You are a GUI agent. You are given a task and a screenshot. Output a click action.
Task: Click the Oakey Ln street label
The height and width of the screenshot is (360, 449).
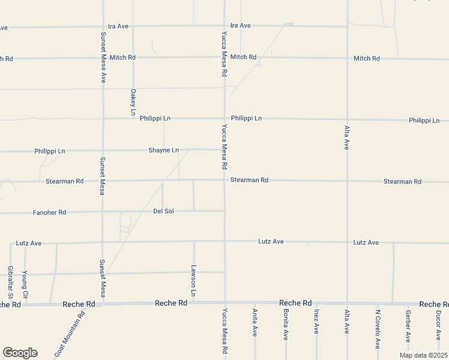click(x=133, y=102)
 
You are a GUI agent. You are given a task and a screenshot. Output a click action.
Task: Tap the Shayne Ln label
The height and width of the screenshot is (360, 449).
click(x=164, y=150)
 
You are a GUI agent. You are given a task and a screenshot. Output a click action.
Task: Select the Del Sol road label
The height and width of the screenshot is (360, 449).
click(x=163, y=211)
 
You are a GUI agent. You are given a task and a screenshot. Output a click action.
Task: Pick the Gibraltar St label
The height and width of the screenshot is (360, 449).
click(x=10, y=283)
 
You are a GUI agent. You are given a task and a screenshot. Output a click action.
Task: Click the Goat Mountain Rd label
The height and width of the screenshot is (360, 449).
click(x=70, y=335)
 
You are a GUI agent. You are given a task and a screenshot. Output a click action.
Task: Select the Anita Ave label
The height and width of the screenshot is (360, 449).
click(x=255, y=322)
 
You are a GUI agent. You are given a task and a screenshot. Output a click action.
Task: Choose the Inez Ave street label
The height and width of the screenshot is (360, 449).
click(x=316, y=321)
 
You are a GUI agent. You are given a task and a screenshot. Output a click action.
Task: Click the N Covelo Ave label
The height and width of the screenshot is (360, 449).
click(x=378, y=329)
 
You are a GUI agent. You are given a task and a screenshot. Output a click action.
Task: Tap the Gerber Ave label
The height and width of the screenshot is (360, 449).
click(x=408, y=326)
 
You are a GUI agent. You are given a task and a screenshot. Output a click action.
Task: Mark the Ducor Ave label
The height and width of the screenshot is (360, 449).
click(x=439, y=324)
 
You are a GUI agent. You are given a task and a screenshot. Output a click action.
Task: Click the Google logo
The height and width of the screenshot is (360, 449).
click(x=20, y=353)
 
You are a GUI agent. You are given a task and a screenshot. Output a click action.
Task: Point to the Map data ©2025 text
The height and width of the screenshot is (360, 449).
click(x=424, y=355)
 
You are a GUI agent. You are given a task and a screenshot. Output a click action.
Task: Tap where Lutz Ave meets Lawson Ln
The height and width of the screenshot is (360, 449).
click(x=194, y=243)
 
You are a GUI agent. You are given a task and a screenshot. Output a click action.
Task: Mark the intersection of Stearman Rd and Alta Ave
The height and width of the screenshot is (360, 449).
click(x=347, y=181)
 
